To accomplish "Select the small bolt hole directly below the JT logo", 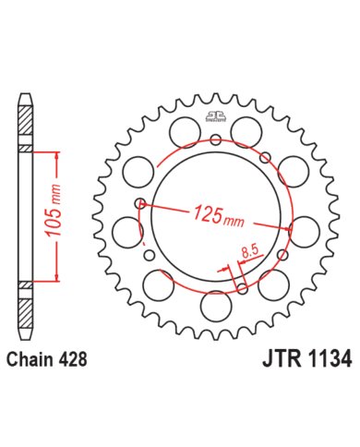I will coord(214,140).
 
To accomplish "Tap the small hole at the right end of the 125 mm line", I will coord(291,226).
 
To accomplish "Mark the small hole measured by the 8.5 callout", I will coord(240,285).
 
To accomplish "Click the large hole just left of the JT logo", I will coord(181,132).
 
